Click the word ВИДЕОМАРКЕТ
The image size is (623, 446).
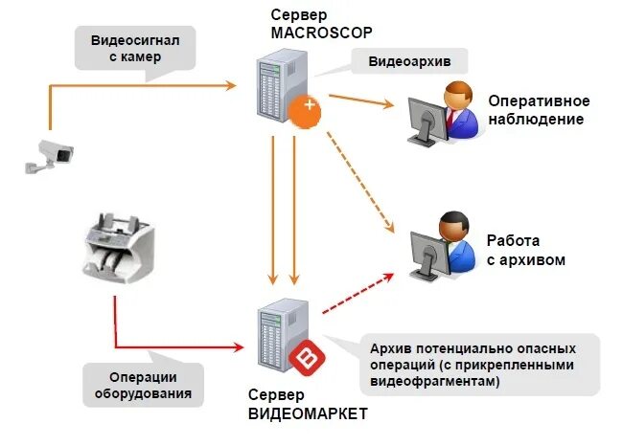(308, 413)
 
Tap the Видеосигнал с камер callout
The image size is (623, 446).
(137, 48)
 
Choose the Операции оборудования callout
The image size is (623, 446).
(143, 385)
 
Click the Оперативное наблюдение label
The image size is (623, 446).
(539, 110)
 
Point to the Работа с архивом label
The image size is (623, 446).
(525, 251)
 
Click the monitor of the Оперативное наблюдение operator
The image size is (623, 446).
(423, 122)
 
